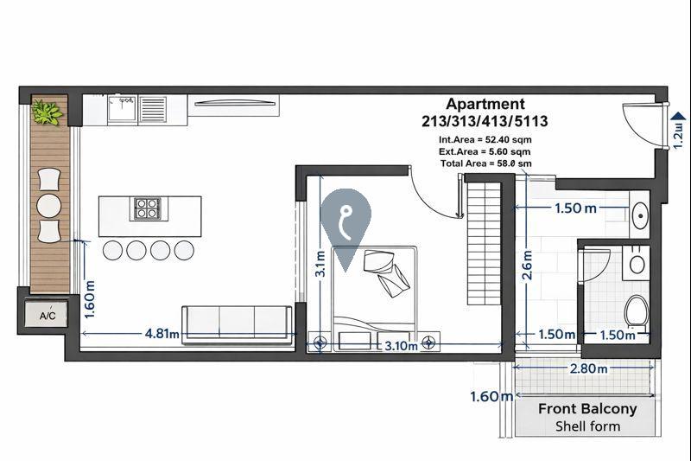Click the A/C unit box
48,316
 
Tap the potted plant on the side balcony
47,112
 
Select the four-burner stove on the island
146,208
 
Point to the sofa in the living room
237,320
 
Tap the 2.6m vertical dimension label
528,267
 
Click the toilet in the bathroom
637,308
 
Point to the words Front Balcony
587,409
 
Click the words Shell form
587,426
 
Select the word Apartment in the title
485,105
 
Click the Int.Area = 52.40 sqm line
485,138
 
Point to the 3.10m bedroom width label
401,346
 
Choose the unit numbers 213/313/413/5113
485,121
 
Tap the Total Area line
485,163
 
